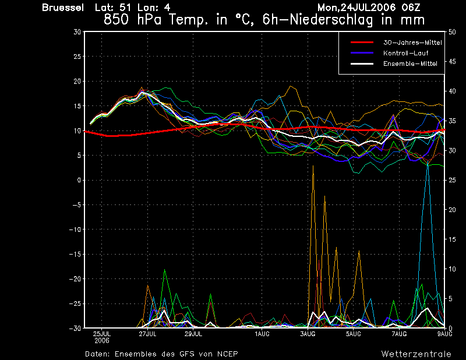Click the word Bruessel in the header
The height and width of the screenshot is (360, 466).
tap(63, 8)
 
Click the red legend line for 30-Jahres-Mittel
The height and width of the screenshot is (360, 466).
tap(362, 42)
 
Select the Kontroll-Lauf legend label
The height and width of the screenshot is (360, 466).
tap(405, 53)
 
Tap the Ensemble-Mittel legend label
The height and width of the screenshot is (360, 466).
tap(410, 63)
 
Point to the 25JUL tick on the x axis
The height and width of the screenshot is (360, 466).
tap(102, 334)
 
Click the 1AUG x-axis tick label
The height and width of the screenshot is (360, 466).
tap(262, 334)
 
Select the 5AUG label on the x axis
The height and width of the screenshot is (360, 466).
tap(354, 334)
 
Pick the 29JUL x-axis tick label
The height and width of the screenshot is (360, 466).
tap(193, 334)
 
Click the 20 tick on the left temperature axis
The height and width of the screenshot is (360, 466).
tap(77, 81)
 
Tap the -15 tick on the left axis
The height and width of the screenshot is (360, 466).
tap(75, 254)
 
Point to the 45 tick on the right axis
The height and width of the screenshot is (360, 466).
tap(452, 62)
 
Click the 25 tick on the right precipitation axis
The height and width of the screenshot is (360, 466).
tap(452, 180)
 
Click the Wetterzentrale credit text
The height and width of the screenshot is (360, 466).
tap(416, 354)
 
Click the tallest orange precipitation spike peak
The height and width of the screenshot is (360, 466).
tap(313, 166)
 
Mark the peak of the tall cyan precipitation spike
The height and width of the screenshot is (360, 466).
tap(428, 163)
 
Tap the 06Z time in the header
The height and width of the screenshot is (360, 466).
tap(411, 8)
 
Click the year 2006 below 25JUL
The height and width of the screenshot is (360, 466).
tap(102, 341)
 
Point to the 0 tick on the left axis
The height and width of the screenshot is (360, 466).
tap(79, 180)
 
